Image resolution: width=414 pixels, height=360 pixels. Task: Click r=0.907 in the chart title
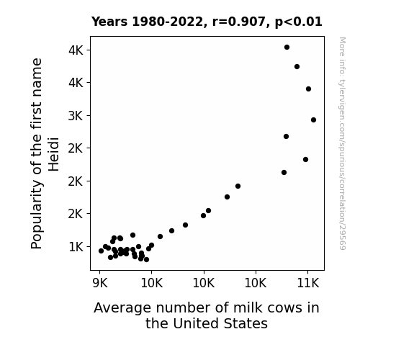click(x=239, y=22)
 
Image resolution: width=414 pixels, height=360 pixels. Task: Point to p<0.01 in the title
click(x=298, y=22)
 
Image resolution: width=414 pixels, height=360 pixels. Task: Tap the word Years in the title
click(x=109, y=22)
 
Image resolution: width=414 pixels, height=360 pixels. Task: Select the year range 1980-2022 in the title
click(x=167, y=22)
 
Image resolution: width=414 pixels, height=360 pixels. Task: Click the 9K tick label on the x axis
click(x=100, y=283)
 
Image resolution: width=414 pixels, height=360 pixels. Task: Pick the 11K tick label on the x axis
click(x=308, y=283)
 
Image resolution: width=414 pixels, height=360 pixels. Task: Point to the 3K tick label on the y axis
click(x=76, y=116)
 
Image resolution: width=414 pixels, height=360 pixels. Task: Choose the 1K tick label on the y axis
click(x=76, y=247)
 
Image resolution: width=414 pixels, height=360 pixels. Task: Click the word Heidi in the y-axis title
click(x=53, y=154)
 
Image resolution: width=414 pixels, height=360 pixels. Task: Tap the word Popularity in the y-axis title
click(x=37, y=215)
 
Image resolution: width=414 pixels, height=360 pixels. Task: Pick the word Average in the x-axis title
click(x=122, y=308)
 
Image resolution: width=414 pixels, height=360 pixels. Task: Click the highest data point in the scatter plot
click(x=287, y=48)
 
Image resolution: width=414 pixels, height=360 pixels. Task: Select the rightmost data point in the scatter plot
click(x=313, y=120)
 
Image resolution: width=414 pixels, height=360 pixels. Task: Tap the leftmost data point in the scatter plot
click(x=101, y=251)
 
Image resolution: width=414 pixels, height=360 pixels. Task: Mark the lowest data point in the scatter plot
click(x=146, y=260)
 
